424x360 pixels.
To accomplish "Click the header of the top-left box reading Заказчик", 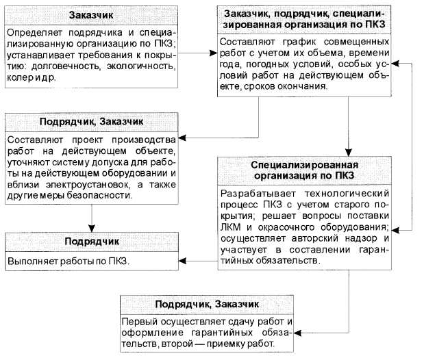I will point(91,15).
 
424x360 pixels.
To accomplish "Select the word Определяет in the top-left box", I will point(38,32).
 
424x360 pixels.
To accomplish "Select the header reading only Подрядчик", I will point(92,242).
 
